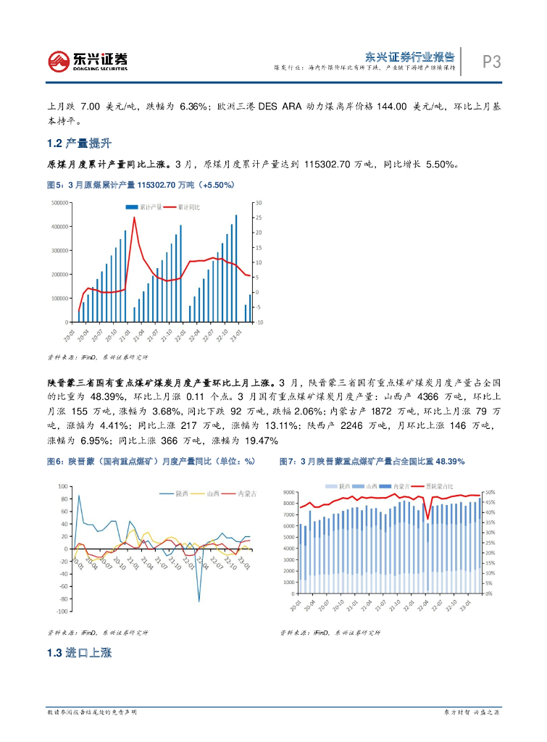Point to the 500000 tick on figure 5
(59, 203)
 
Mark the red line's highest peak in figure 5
(134, 217)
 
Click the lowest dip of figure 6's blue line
(199, 601)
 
